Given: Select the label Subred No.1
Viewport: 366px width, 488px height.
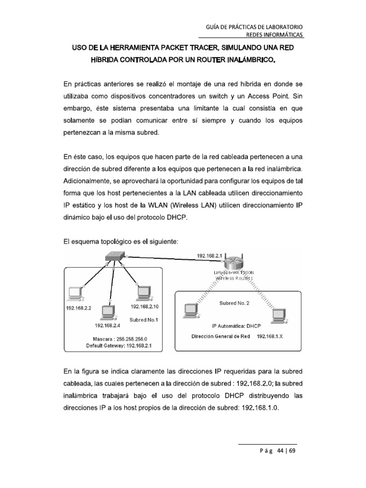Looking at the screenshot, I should click(x=144, y=319).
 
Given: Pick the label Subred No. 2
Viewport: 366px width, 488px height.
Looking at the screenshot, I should click(x=234, y=303).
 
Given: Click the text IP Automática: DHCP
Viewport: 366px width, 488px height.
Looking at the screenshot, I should click(x=234, y=327).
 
